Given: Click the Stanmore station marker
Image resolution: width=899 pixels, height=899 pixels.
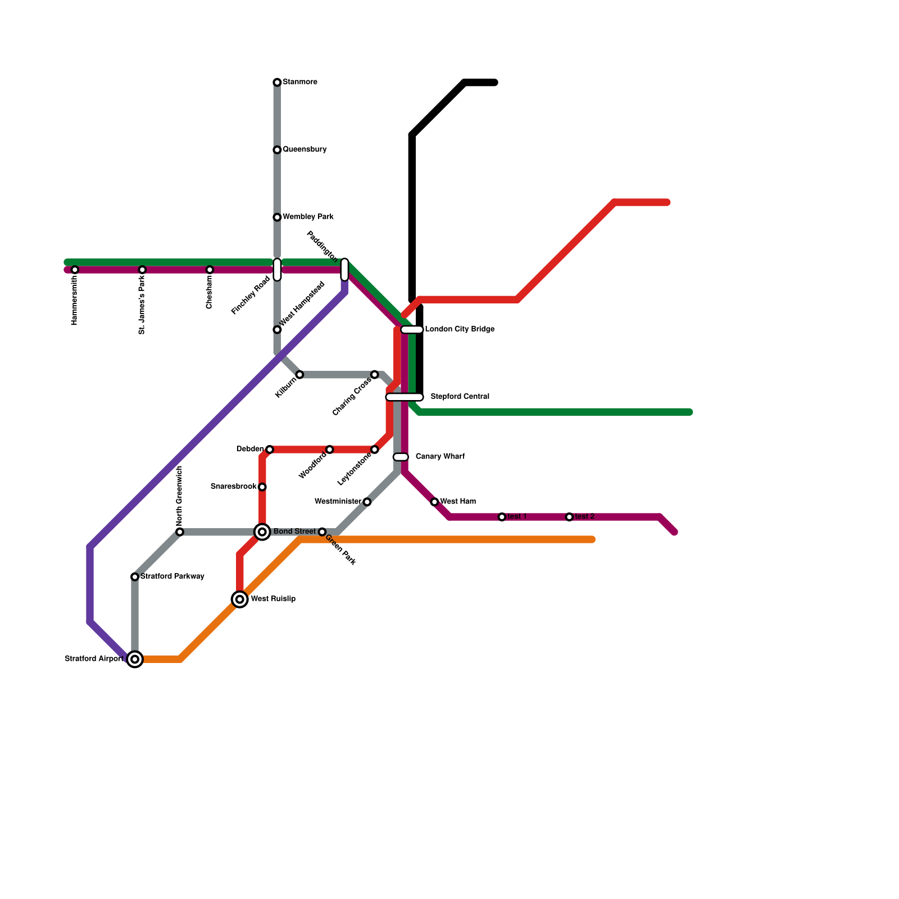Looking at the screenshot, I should pyautogui.click(x=277, y=83).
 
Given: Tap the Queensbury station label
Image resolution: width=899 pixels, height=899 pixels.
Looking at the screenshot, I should pyautogui.click(x=305, y=149).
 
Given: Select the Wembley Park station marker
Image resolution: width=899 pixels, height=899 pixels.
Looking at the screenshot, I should pyautogui.click(x=277, y=217).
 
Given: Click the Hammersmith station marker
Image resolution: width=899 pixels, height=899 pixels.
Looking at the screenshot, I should pyautogui.click(x=75, y=270).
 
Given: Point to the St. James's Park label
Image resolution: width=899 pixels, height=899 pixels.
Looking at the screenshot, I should pyautogui.click(x=142, y=305).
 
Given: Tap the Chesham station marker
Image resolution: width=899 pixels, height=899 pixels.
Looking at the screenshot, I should pyautogui.click(x=210, y=270).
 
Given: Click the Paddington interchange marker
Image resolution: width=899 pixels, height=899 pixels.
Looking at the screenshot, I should pyautogui.click(x=344, y=270).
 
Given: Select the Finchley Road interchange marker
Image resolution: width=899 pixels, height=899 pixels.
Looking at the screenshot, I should pyautogui.click(x=277, y=270).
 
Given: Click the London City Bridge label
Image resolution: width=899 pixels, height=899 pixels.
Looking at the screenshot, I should pyautogui.click(x=460, y=329).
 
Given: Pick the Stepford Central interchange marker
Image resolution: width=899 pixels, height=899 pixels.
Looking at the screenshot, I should pyautogui.click(x=405, y=397).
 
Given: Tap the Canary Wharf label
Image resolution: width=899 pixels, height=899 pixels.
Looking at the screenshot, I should pyautogui.click(x=440, y=457).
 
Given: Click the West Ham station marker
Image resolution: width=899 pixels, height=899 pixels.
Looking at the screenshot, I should pyautogui.click(x=434, y=502).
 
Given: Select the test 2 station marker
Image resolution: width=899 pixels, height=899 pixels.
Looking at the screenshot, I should pyautogui.click(x=569, y=517).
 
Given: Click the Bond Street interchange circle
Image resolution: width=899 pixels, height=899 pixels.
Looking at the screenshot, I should pyautogui.click(x=262, y=532).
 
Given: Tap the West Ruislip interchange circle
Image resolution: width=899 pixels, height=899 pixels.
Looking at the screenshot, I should pyautogui.click(x=240, y=600).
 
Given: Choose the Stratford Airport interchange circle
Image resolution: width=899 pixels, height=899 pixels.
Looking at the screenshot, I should pyautogui.click(x=135, y=659).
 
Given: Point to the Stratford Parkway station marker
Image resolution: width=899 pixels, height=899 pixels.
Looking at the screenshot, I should pyautogui.click(x=135, y=577).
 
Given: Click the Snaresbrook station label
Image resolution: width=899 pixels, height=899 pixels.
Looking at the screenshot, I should pyautogui.click(x=233, y=487).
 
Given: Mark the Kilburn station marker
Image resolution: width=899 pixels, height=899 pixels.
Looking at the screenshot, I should pyautogui.click(x=299, y=375).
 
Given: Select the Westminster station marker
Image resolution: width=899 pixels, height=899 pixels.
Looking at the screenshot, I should pyautogui.click(x=367, y=502).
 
